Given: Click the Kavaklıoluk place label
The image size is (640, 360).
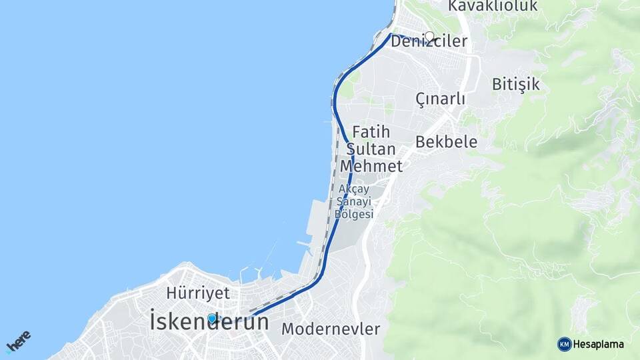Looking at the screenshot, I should pos(492,5).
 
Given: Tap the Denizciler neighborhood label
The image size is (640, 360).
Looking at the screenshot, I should pos(429,41).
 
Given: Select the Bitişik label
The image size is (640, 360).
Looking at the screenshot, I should pos(515,84).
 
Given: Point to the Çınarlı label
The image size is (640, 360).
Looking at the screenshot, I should pos(440,99).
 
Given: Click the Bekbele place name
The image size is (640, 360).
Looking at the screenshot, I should pos(446,141).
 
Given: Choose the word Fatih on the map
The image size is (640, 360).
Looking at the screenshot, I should pos(371,131).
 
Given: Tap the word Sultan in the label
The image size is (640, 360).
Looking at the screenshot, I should pos(371,149).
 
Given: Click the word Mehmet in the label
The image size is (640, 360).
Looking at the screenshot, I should pos(371,166).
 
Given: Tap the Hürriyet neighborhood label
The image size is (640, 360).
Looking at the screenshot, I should pos(197,293).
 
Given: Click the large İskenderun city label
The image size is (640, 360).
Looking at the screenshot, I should pos(209,322).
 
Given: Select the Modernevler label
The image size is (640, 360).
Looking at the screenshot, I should pos(330,329).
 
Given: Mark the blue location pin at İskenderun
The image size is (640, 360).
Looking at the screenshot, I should pos(212,319).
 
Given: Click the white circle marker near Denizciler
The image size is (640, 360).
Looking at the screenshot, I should pos(430,37).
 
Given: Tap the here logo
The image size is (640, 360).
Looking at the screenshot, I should pos(18,341).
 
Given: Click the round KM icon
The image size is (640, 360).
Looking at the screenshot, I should pos(564,344).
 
